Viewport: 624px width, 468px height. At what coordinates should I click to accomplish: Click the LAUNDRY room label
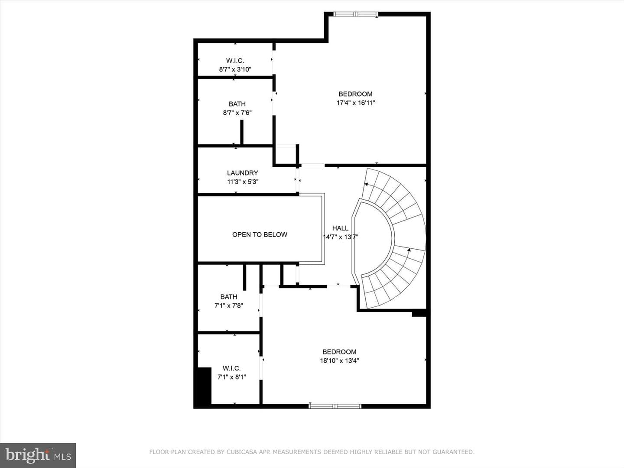[x=243, y=173]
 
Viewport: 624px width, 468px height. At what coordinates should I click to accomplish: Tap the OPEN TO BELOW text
[x=260, y=234]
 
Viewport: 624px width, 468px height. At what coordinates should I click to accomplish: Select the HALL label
[x=340, y=228]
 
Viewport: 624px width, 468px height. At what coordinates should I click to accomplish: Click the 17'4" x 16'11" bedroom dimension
[x=356, y=103]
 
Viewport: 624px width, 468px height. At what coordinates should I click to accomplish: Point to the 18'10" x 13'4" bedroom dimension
[x=339, y=361]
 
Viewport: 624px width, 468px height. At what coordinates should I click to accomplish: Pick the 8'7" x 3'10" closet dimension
[x=235, y=69]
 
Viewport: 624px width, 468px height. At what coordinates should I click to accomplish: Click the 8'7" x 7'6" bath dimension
[x=237, y=113]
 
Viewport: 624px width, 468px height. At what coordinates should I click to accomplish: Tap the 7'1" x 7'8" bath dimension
[x=228, y=305]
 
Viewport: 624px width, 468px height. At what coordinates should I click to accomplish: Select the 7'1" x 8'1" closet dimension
[x=232, y=377]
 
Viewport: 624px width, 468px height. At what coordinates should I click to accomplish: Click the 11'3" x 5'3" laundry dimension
[x=243, y=182]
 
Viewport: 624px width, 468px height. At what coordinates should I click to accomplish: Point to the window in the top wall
[x=355, y=14]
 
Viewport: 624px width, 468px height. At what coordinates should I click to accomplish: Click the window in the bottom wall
[x=335, y=406]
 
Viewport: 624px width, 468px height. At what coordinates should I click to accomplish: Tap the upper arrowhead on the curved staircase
[x=366, y=184]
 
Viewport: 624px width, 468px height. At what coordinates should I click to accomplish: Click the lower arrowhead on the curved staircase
[x=409, y=250]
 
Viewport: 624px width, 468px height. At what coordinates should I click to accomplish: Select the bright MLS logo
[x=38, y=455]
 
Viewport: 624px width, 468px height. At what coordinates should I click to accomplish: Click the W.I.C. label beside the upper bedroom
[x=235, y=61]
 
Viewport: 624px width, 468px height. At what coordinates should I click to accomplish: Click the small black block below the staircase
[x=419, y=314]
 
